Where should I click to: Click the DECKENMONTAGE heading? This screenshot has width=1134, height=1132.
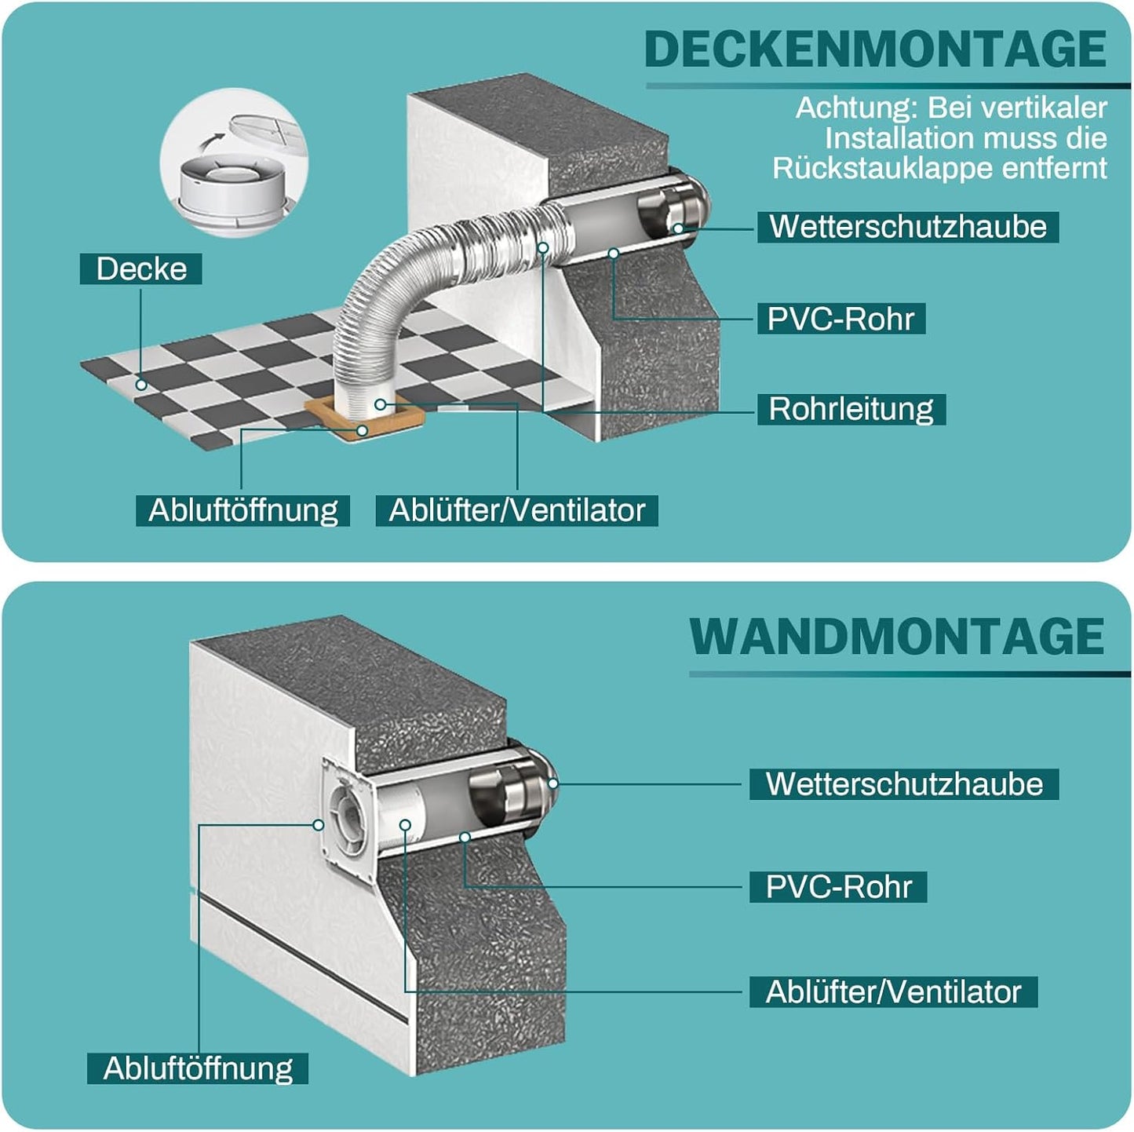pos(875,49)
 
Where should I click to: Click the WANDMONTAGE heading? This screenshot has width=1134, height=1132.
pos(897,636)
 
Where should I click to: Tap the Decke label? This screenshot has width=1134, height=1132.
pos(141,268)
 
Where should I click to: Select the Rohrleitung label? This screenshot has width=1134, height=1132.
pos(851,409)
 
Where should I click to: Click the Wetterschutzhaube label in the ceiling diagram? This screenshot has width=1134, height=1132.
pos(907,227)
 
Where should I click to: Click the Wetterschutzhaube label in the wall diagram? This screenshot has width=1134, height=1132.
pos(904,784)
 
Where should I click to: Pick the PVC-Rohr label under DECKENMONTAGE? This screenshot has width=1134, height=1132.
pos(840,319)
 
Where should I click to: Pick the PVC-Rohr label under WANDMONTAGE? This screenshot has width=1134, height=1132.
pos(838,887)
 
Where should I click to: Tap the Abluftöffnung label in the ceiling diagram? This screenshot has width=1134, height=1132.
pos(242,510)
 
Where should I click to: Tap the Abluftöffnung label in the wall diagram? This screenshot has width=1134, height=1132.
pos(198,1068)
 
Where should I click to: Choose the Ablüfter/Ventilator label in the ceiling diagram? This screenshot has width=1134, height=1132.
pos(516,510)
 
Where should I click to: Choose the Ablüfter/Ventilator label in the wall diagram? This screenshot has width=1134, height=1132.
pos(893,992)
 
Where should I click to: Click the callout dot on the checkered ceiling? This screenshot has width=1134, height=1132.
pos(141,385)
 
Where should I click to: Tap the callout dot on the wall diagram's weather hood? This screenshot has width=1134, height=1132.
pos(553,783)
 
